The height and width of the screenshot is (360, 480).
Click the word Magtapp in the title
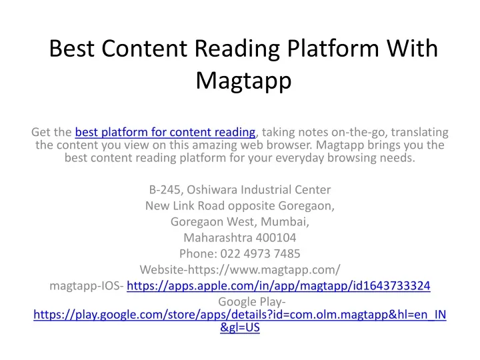pos(243,81)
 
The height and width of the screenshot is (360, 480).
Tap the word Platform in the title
pos(332,49)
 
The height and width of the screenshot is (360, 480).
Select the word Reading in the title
pos(237,49)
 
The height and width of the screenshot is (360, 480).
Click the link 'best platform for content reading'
pos(165,132)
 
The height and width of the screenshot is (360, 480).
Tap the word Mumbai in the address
pos(285,221)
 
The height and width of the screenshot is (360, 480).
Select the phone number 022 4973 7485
pos(260,253)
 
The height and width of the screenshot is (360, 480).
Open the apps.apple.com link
pos(279,285)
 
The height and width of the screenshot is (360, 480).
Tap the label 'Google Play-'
pos(252,302)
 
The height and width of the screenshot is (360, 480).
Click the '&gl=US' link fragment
pos(240,327)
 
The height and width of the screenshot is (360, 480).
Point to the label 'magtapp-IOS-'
pos(87,286)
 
